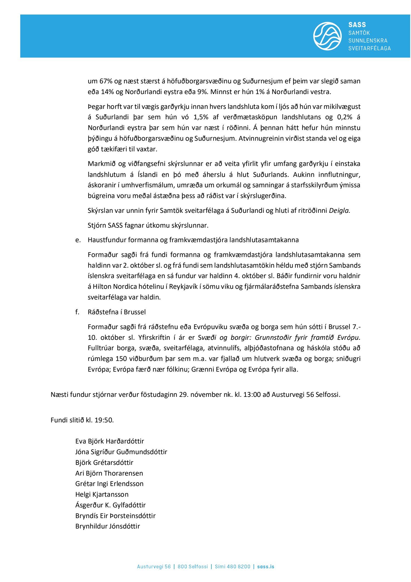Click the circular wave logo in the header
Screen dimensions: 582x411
(327, 36)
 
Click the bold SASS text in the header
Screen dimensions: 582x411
(357, 25)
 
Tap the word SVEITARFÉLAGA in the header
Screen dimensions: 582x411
(369, 48)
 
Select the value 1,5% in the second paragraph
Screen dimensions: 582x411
(201, 117)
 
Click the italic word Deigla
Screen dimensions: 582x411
(339, 211)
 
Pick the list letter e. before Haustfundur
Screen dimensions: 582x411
(78, 240)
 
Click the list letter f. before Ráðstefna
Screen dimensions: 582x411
(77, 312)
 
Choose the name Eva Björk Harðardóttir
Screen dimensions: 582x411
(110, 441)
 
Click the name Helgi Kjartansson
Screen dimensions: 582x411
(102, 494)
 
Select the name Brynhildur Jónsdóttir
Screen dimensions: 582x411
(108, 526)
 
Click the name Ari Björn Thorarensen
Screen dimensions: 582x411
(109, 473)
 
